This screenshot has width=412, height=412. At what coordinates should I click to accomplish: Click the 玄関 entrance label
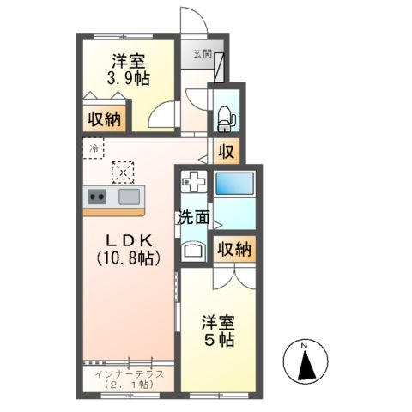tap(201, 53)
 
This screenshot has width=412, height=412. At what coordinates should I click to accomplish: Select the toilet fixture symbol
tap(226, 116)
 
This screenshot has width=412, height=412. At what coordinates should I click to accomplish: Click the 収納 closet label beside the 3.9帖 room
tap(102, 119)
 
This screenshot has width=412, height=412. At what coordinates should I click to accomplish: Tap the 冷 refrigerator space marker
tap(94, 149)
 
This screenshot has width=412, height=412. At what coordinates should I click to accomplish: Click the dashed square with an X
tap(124, 172)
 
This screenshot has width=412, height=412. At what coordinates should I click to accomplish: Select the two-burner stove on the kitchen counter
tap(97, 197)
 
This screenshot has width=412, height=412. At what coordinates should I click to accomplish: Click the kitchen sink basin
tap(130, 197)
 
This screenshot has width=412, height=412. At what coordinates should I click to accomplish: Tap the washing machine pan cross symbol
tap(194, 184)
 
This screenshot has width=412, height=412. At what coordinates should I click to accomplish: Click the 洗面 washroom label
tap(193, 217)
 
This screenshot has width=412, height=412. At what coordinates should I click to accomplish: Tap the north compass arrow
tap(305, 365)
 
